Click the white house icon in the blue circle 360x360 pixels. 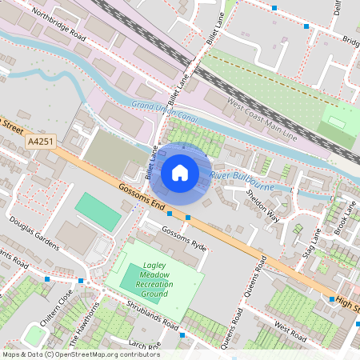point(180,172)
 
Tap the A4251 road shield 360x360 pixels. point(40,142)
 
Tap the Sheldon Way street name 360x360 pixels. point(262,206)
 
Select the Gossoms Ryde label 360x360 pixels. point(183,238)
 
